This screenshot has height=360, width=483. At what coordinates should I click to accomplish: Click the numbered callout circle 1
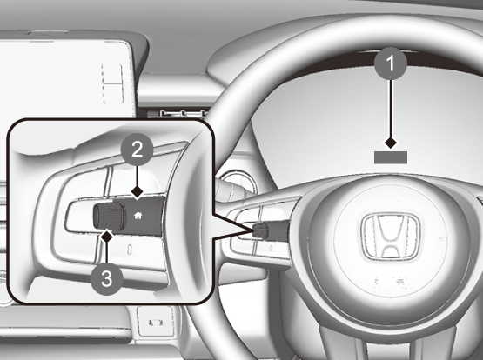point(391,63)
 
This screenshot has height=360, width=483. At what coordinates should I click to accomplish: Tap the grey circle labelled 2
point(138,150)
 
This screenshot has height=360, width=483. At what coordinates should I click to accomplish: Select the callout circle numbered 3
point(106,279)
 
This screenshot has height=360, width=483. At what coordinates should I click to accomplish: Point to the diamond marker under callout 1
point(391,143)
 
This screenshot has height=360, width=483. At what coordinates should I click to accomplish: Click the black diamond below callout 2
point(138,191)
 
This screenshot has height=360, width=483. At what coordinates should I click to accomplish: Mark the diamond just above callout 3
point(107,237)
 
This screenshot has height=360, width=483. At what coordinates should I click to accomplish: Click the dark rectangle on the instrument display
point(391,157)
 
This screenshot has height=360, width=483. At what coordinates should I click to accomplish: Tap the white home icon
point(138,216)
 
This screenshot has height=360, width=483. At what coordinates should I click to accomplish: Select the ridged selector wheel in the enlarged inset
point(109,216)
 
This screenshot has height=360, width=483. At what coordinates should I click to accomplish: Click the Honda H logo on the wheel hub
point(391,237)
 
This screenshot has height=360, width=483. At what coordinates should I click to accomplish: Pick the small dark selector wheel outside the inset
point(260,230)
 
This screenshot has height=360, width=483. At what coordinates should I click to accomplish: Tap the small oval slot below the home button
point(130,250)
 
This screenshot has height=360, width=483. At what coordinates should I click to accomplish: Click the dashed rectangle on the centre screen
point(112,83)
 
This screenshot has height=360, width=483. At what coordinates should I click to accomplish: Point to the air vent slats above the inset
point(184,113)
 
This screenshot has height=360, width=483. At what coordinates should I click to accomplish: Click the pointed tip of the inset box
point(253,229)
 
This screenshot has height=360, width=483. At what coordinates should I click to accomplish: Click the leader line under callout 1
point(391,109)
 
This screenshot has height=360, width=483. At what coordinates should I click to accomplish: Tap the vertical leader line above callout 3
point(106,253)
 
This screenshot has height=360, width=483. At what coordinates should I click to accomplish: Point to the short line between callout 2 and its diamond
point(138,177)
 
